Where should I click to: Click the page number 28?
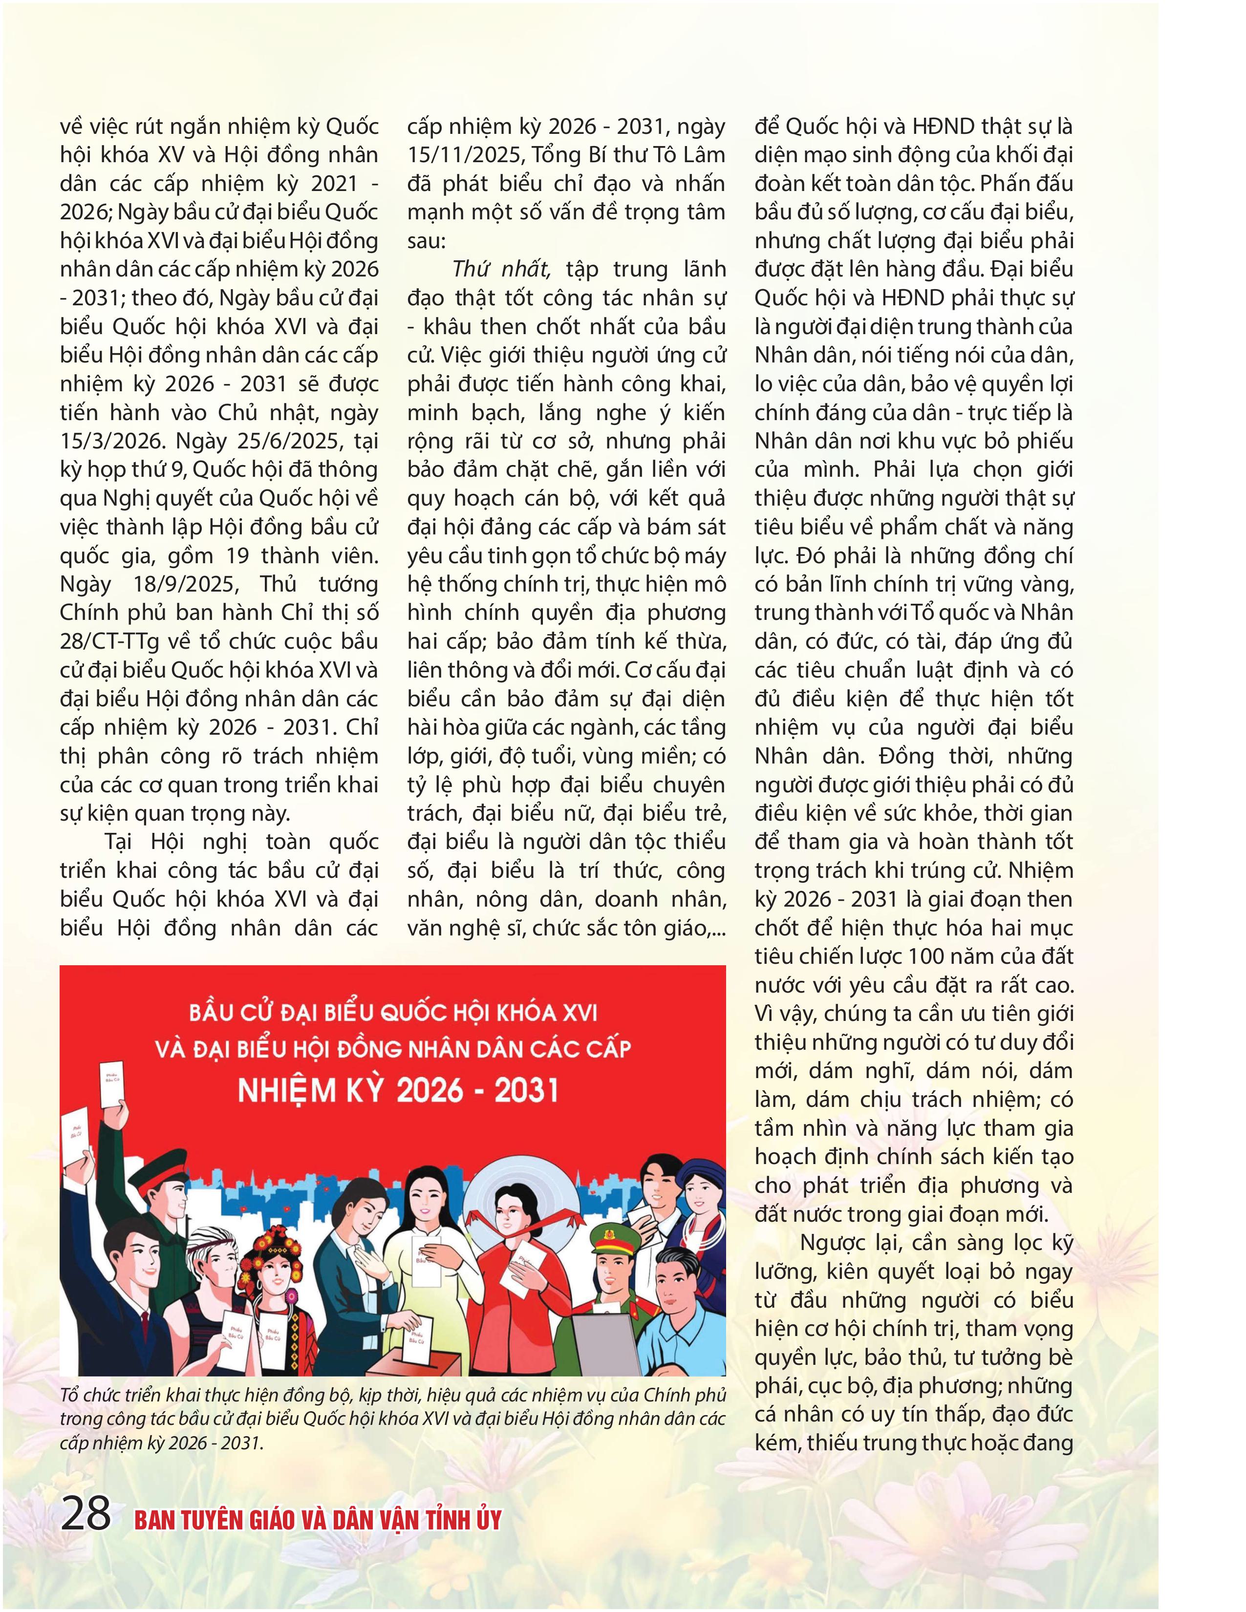coord(86,1515)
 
